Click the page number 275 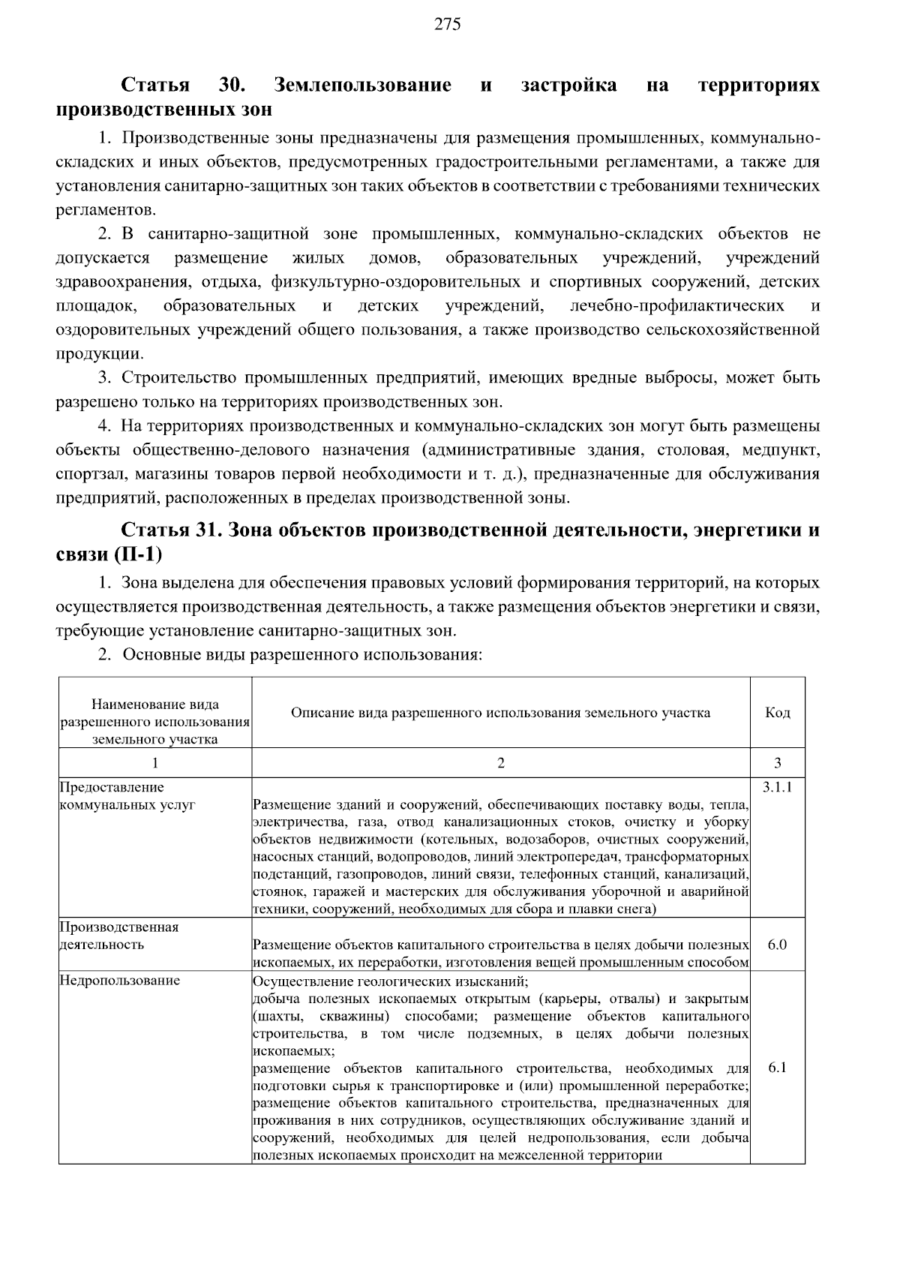pos(447,25)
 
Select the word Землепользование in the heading pos(363,85)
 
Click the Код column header pos(777,713)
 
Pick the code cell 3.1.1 pos(777,787)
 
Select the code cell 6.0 pos(777,945)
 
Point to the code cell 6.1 pos(777,1067)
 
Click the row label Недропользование pos(119,981)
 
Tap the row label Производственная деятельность pos(118,936)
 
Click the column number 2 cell pos(500,763)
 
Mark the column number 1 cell pos(155,763)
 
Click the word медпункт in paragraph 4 pos(781,450)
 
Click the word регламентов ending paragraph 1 pos(105,210)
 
